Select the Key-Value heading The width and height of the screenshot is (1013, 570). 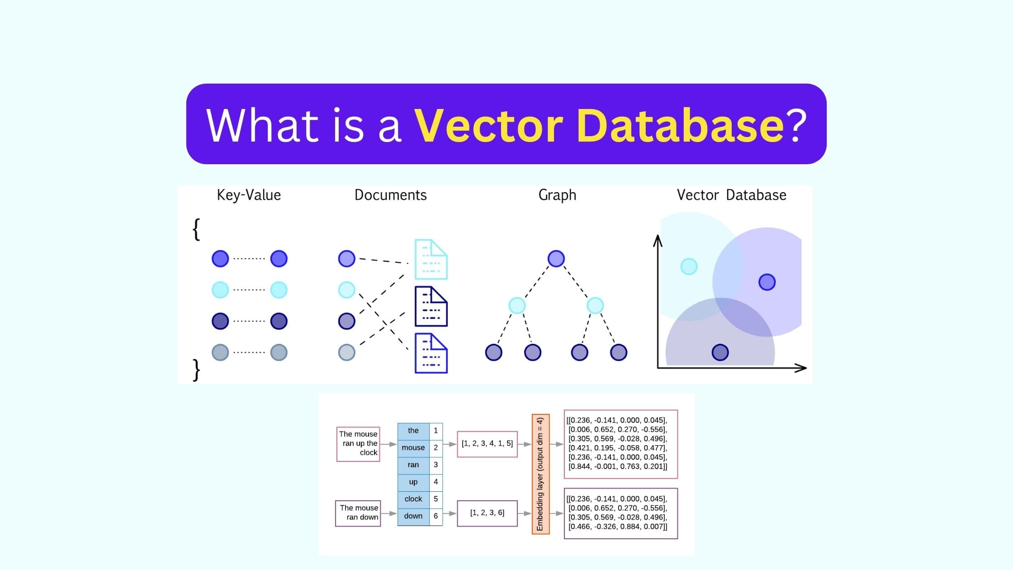pyautogui.click(x=249, y=195)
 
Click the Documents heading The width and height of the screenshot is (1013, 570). pyautogui.click(x=390, y=195)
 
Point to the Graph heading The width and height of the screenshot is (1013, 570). pyautogui.click(x=557, y=195)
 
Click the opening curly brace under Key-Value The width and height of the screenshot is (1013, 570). pyautogui.click(x=196, y=229)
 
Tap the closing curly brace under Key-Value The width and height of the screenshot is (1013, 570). pyautogui.click(x=196, y=370)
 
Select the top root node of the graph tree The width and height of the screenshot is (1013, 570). pyautogui.click(x=556, y=259)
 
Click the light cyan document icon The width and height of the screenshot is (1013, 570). pyautogui.click(x=431, y=259)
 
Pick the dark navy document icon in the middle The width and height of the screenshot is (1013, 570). pyautogui.click(x=431, y=306)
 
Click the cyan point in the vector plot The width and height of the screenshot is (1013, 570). pyautogui.click(x=689, y=266)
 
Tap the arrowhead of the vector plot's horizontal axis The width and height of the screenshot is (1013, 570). pyautogui.click(x=802, y=368)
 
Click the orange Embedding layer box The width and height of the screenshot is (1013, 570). pyautogui.click(x=540, y=474)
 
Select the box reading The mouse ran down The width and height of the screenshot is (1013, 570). pyautogui.click(x=358, y=513)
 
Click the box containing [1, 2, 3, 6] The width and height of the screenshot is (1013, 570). pyautogui.click(x=487, y=513)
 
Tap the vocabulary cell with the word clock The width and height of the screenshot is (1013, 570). pyautogui.click(x=413, y=499)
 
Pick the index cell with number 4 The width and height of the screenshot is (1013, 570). pyautogui.click(x=435, y=482)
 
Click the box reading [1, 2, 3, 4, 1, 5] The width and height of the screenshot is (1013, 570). pyautogui.click(x=487, y=444)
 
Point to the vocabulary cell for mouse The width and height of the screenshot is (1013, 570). pyautogui.click(x=413, y=447)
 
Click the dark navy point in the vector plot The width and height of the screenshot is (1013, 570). pyautogui.click(x=720, y=352)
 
